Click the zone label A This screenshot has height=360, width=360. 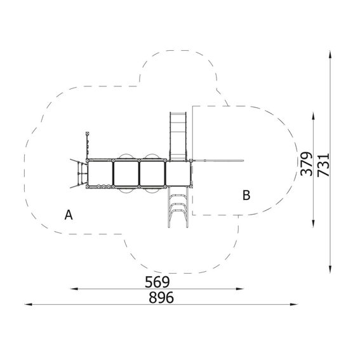click(69, 215)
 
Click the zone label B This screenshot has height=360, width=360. click(246, 195)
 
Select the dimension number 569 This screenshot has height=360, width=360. click(157, 282)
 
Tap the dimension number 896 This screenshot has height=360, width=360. click(161, 298)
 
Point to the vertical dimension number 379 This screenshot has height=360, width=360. click(307, 164)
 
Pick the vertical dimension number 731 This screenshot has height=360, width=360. click(323, 165)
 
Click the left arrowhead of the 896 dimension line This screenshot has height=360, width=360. click(28, 304)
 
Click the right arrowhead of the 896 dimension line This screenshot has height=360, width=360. click(294, 304)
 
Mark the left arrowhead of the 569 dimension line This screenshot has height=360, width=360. click(74, 289)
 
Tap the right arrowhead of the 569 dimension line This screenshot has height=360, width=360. click(240, 289)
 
